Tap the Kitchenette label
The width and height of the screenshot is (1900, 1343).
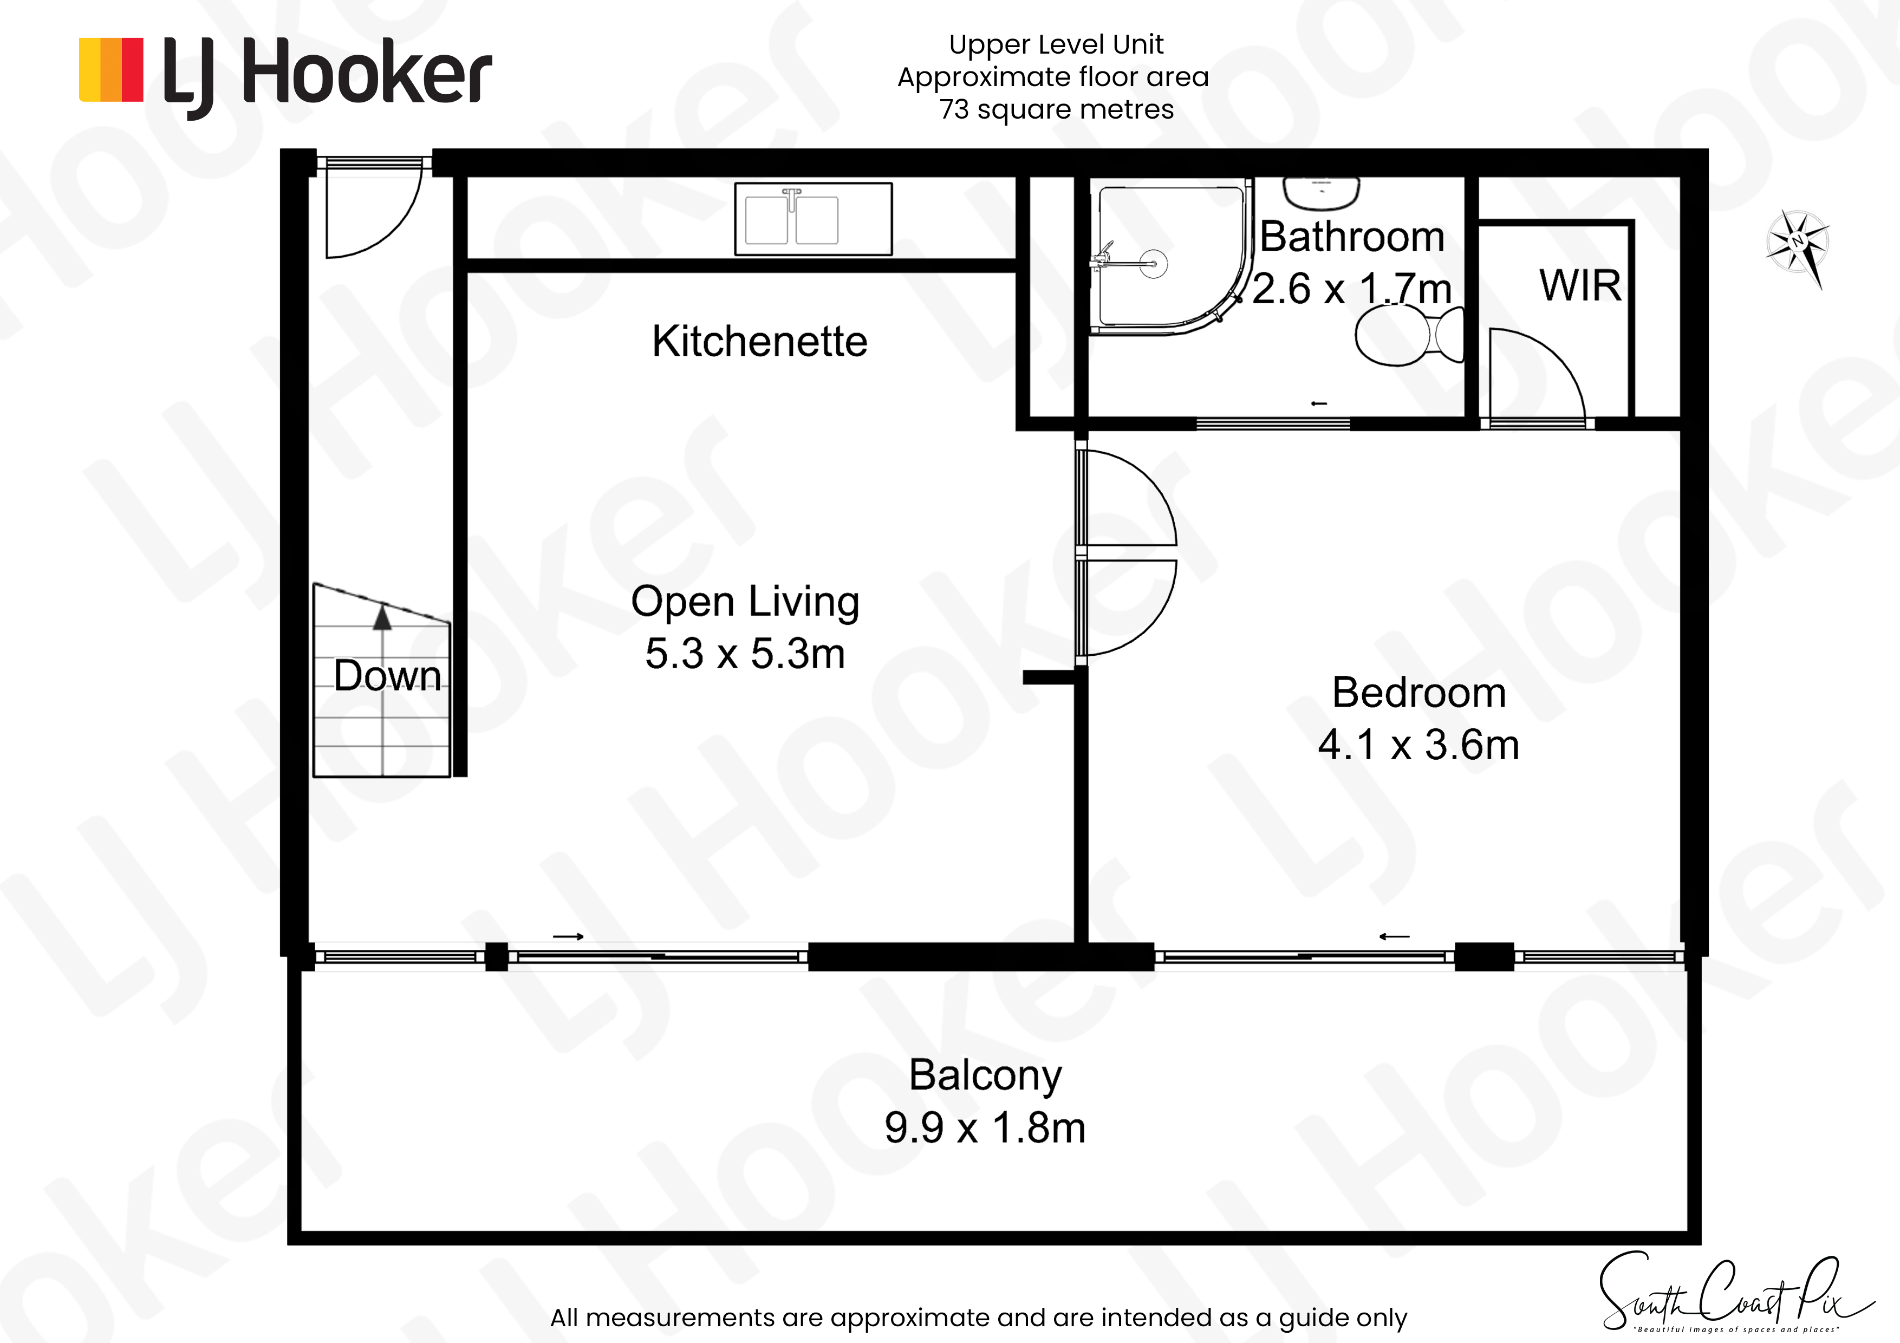pyautogui.click(x=760, y=341)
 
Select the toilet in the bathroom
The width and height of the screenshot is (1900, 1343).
pyautogui.click(x=1409, y=335)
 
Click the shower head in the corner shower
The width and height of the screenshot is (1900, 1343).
pyautogui.click(x=1153, y=264)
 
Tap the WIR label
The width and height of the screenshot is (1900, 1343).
pyautogui.click(x=1580, y=285)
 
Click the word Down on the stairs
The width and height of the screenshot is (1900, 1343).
pyautogui.click(x=387, y=676)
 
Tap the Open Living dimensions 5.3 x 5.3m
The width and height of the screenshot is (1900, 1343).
pyautogui.click(x=745, y=654)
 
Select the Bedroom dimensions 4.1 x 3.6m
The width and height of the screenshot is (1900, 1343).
pyautogui.click(x=1419, y=745)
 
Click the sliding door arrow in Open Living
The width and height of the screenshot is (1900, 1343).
pyautogui.click(x=569, y=937)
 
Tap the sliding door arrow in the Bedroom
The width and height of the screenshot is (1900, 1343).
pyautogui.click(x=1394, y=937)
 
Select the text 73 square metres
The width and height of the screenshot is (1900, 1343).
pyautogui.click(x=1056, y=110)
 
